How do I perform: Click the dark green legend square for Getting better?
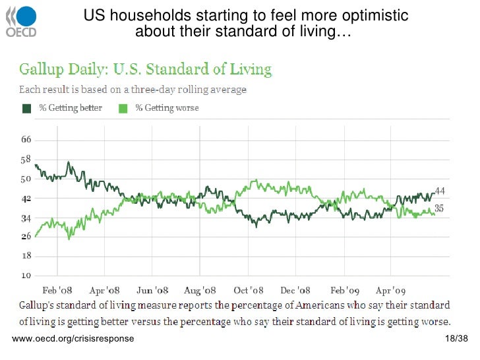point(27,107)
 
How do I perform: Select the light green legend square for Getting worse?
point(123,107)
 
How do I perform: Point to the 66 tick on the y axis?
point(26,140)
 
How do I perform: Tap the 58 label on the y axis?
point(26,160)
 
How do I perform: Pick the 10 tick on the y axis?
point(26,275)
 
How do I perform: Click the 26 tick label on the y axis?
point(26,236)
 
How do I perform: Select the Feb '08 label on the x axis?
point(57,290)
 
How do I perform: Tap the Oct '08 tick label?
point(249,290)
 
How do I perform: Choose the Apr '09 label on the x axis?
point(392,290)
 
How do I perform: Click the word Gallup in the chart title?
point(38,69)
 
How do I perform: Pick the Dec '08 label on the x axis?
point(295,290)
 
